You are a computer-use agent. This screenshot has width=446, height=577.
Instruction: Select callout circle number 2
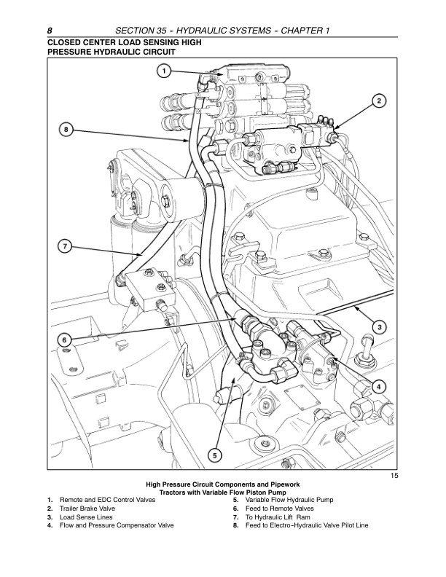pos(379,100)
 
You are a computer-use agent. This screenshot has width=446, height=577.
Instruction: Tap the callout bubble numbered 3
pos(380,326)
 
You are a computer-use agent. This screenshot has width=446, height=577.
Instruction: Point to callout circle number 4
pos(380,385)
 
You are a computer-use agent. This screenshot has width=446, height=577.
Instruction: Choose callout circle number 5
pos(215,455)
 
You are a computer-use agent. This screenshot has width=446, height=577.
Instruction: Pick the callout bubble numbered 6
pos(64,340)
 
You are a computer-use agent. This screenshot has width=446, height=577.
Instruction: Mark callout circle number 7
pos(64,246)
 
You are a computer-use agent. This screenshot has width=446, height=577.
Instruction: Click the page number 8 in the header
pos(50,30)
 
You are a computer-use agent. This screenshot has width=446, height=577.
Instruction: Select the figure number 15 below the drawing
pos(394,476)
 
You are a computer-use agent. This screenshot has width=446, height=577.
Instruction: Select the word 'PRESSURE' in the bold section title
pos(71,52)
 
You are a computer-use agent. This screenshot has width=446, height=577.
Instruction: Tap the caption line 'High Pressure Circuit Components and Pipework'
pos(223,484)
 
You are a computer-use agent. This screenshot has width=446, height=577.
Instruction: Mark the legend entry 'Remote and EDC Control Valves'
pos(107,499)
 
